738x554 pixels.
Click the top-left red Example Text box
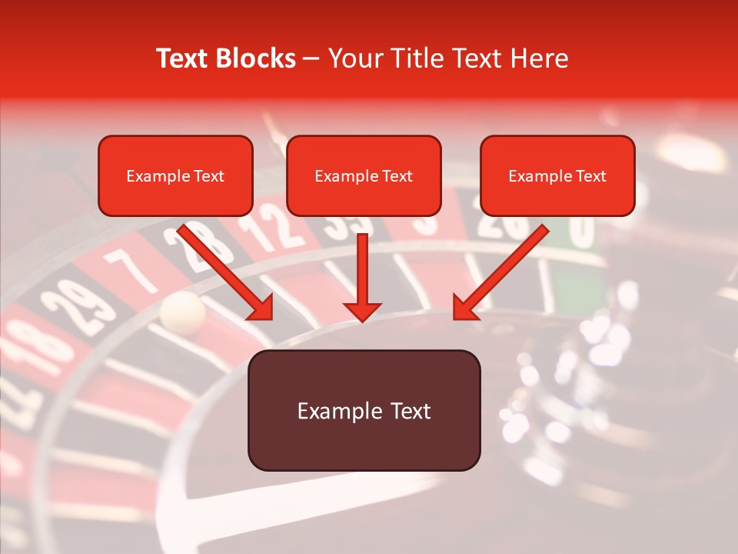point(175,176)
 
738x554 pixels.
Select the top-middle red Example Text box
point(364,176)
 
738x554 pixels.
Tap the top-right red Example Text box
point(557,176)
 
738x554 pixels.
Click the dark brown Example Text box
point(364,411)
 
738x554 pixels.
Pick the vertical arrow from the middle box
point(362,277)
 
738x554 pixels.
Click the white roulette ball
point(182,310)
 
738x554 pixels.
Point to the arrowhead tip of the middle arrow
point(362,319)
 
